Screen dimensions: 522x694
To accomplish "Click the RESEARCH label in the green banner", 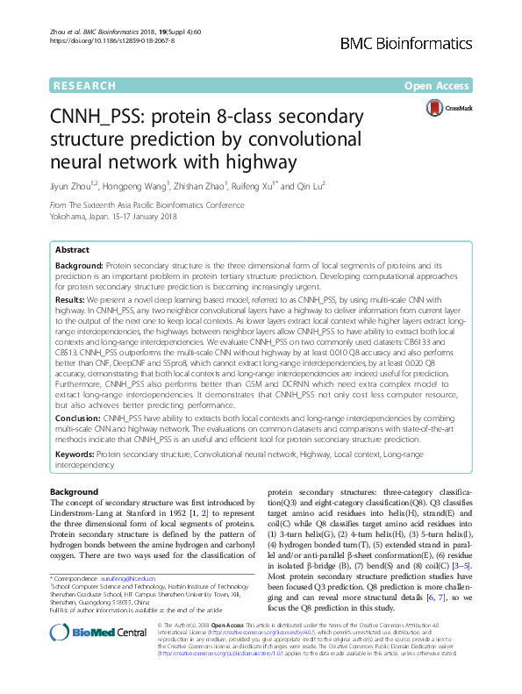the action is [x=84, y=85].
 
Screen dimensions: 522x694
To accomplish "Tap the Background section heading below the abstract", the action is [x=75, y=491].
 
